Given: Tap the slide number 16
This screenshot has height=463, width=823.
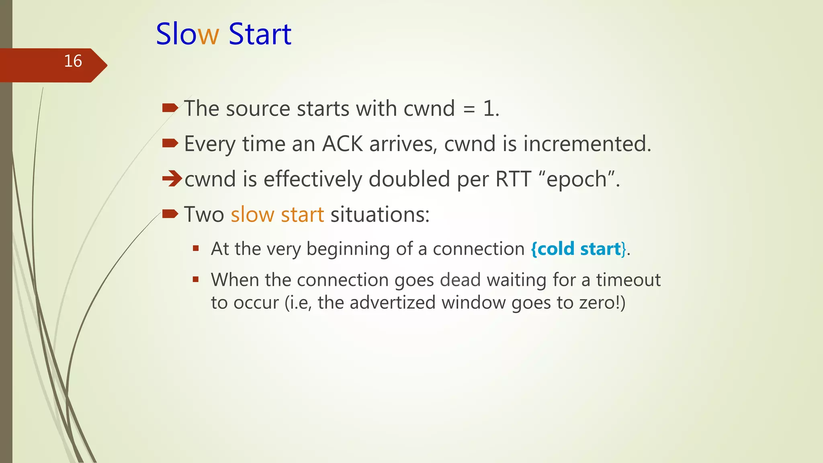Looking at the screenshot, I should [73, 61].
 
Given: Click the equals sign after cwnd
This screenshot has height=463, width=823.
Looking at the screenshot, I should [469, 109].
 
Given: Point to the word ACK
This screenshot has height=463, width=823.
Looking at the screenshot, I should [342, 144].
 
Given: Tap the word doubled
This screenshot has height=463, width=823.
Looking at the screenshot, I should [409, 179].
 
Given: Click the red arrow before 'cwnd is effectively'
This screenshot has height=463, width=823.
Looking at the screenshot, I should [172, 178].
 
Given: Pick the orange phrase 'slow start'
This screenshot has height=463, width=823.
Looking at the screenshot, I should [277, 215].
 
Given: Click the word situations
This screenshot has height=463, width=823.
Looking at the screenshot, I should [379, 215].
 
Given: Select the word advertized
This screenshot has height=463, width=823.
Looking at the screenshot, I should [392, 303].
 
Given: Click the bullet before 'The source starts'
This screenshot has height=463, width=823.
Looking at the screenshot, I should [170, 108].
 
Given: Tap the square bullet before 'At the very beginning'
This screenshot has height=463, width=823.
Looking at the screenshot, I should [196, 248].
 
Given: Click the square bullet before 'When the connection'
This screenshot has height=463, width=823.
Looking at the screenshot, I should [196, 279].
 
